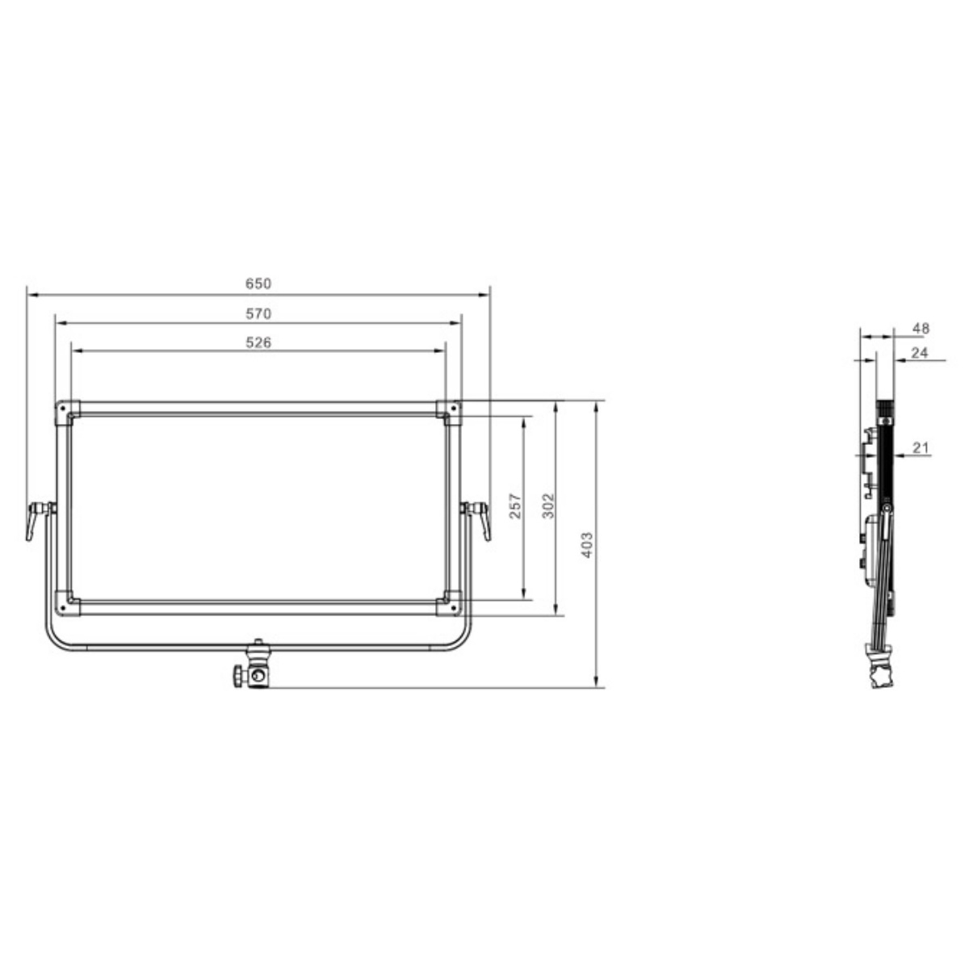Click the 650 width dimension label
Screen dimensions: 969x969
tap(258, 284)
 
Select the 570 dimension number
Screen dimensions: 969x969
tap(258, 313)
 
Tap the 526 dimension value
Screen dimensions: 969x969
tap(258, 342)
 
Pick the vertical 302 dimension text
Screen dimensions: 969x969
tap(548, 505)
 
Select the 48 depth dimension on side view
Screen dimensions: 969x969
tap(921, 329)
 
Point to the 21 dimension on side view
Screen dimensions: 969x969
tap(921, 447)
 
